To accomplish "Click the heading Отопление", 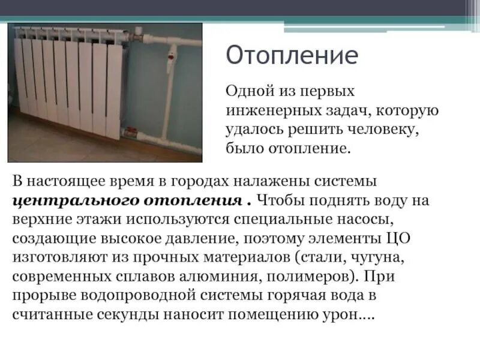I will pyautogui.click(x=292, y=56).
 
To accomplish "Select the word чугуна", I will pyautogui.click(x=379, y=257).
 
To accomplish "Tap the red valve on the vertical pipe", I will pyautogui.click(x=171, y=58).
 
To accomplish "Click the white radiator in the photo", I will pyautogui.click(x=69, y=81).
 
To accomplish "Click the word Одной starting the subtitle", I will pyautogui.click(x=247, y=92).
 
